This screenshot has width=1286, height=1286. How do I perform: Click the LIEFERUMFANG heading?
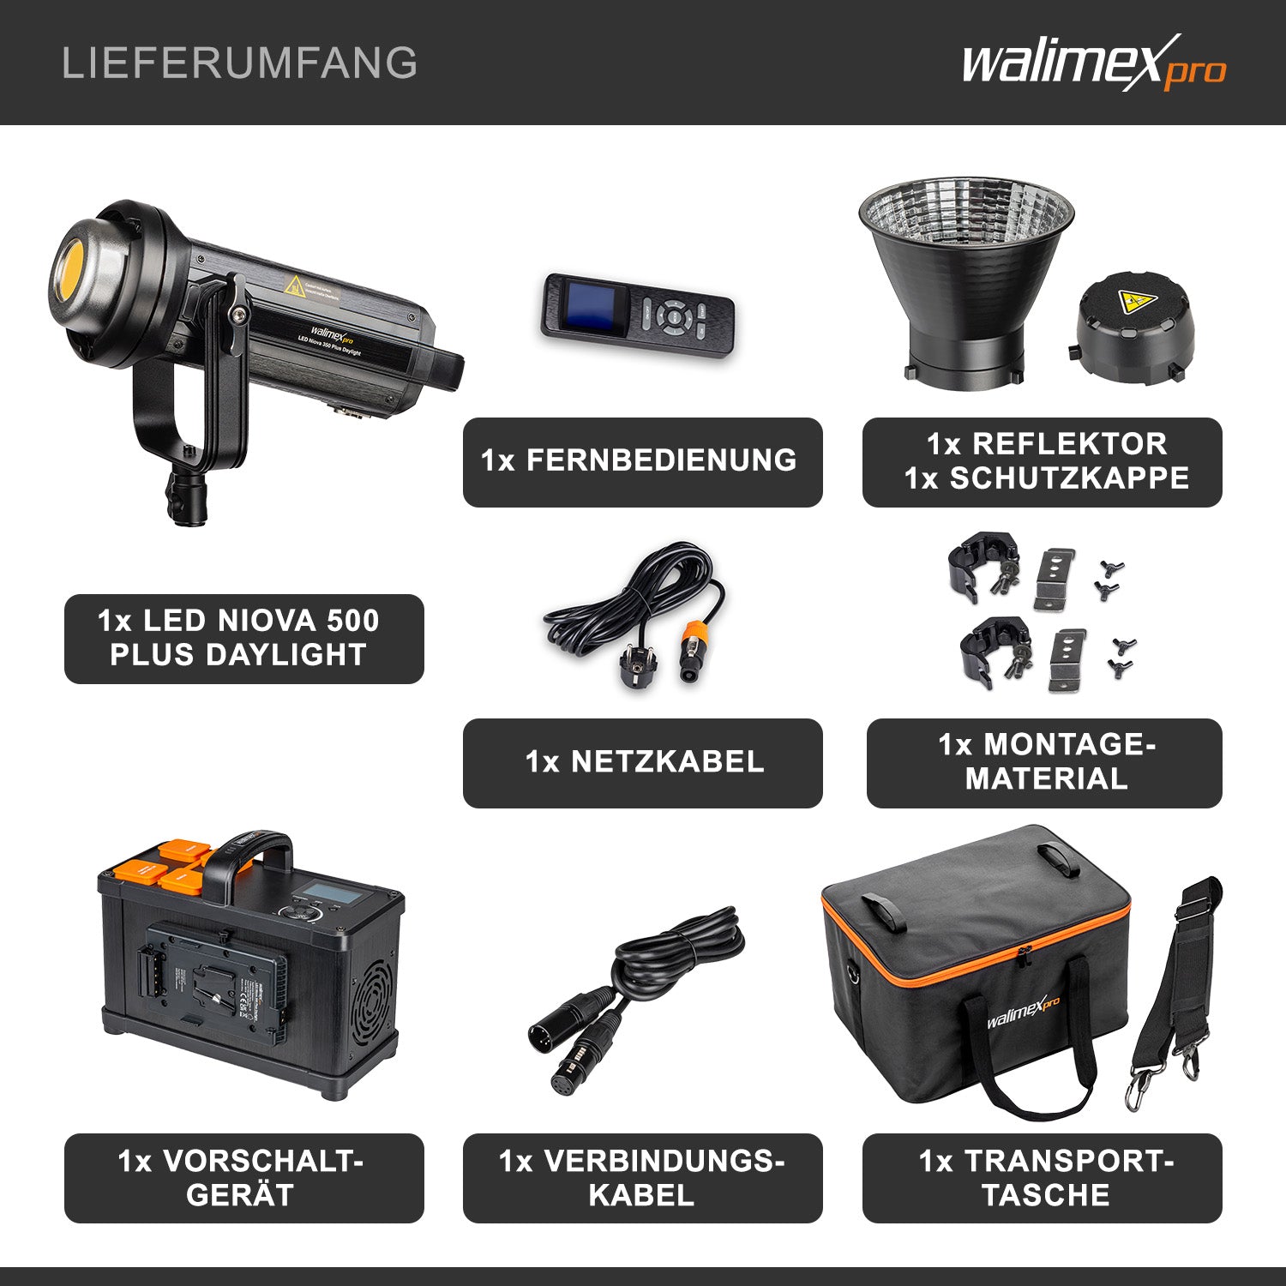(239, 63)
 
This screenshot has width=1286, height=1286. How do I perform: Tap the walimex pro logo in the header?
(1093, 63)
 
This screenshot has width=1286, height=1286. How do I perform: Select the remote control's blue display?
(589, 311)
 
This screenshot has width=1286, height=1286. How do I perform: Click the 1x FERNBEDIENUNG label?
(642, 461)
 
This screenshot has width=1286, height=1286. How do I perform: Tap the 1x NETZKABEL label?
(642, 762)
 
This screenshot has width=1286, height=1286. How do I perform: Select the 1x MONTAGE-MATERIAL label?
(1044, 762)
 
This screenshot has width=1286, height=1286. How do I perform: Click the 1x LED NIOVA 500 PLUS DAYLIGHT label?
(243, 638)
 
